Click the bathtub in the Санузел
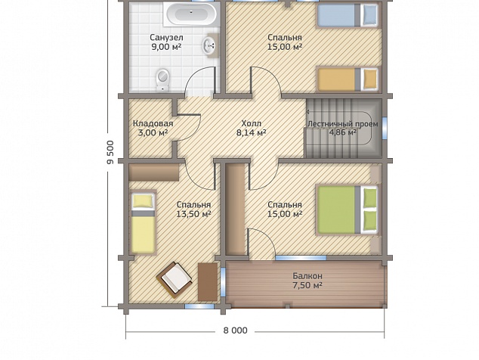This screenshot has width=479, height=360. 191,14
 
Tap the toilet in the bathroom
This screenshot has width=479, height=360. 163,80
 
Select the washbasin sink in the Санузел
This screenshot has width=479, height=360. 210,45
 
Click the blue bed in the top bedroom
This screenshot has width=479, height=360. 348,14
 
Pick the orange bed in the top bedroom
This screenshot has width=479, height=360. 348,79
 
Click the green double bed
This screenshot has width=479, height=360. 348,209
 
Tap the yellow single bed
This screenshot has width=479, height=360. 143,222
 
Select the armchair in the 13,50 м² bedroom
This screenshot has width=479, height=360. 174,279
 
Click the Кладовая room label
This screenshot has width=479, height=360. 153,123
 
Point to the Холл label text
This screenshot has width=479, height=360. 251,123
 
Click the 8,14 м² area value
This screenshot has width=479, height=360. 251,133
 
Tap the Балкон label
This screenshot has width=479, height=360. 307,276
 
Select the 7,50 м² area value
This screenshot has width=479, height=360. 307,285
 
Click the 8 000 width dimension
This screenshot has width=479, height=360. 235,331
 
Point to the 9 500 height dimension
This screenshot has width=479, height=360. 110,152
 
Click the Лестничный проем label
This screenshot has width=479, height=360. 343,124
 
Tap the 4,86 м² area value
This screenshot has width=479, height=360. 343,132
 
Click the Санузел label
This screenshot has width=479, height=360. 166,38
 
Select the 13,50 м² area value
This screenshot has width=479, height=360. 193,214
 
